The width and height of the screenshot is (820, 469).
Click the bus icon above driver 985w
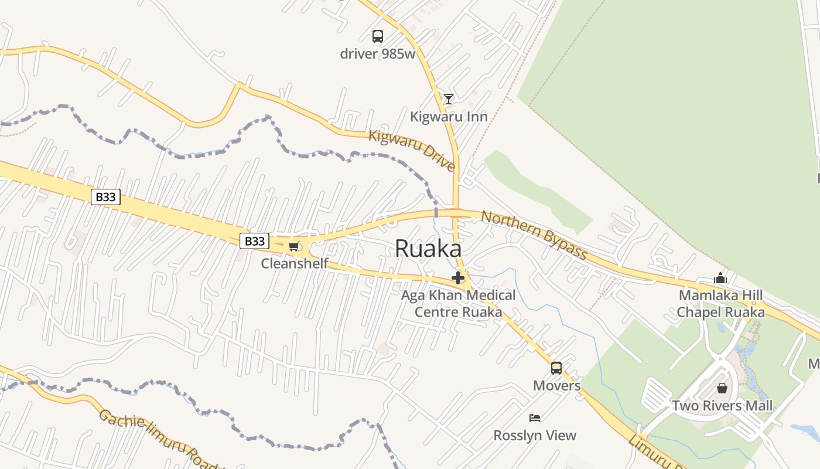[378, 36]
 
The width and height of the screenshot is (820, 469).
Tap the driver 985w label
[378, 54]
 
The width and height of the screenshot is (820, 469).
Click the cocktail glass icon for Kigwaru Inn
[448, 99]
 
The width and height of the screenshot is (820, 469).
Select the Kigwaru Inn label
[449, 117]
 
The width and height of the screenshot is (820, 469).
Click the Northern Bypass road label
[534, 235]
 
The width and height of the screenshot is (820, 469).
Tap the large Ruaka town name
[428, 249]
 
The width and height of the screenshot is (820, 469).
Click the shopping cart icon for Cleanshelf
[293, 247]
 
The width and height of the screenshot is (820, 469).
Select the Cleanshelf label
[295, 263]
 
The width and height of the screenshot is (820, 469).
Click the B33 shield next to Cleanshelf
[254, 240]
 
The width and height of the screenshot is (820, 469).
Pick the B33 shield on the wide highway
[105, 197]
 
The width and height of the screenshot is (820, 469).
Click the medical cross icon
[458, 278]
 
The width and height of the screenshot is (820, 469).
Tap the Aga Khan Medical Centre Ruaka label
[458, 303]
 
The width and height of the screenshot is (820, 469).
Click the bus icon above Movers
[556, 368]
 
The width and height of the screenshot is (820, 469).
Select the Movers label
[556, 386]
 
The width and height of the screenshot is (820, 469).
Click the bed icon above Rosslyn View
[535, 418]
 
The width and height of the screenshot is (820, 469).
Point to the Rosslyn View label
[535, 436]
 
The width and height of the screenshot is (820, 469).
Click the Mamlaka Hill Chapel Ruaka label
[720, 303]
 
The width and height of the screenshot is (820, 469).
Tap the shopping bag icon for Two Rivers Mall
[722, 388]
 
